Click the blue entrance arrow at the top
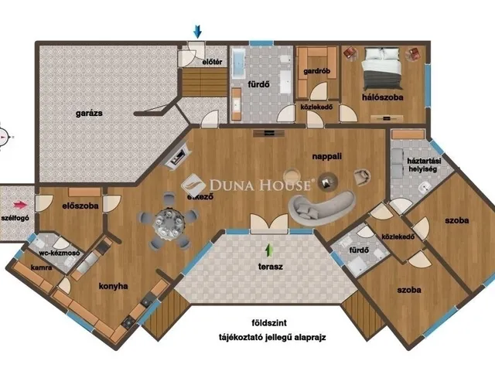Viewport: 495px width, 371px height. pos(198,32)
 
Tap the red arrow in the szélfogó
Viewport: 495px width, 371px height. pos(20,205)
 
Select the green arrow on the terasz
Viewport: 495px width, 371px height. pos(269,250)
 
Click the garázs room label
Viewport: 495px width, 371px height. pos(89,114)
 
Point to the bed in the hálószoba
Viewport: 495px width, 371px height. pos(382,69)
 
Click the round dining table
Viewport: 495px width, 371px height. pos(169,223)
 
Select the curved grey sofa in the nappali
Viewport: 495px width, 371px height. pos(320,207)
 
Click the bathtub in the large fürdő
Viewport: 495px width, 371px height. pos(239,64)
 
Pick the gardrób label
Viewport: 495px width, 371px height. pos(316,71)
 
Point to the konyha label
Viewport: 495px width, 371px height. pos(114,286)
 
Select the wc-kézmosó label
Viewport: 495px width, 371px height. pos(60,253)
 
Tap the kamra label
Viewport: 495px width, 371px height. pos(41,267)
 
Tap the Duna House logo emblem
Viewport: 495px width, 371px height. pos(193,185)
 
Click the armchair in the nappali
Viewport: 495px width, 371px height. pos(362,176)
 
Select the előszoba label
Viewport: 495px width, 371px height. pos(80,206)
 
